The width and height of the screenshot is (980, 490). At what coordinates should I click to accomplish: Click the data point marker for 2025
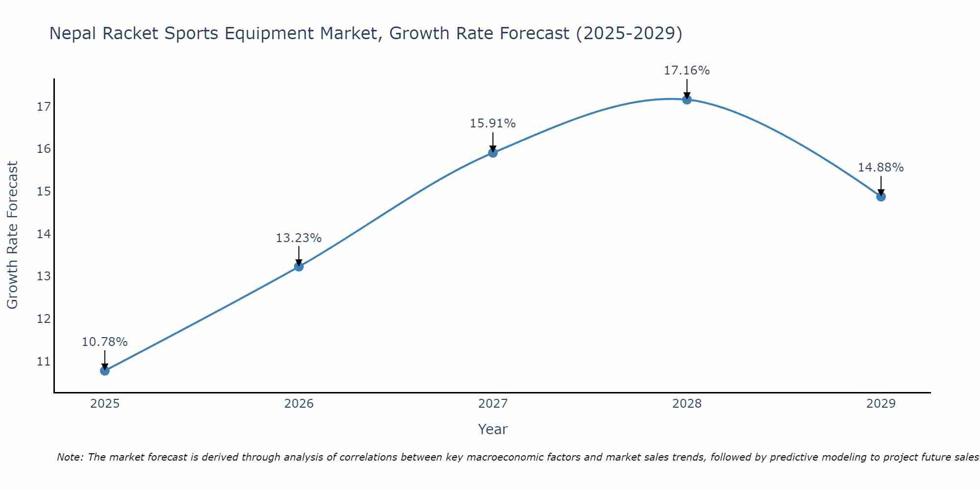105,371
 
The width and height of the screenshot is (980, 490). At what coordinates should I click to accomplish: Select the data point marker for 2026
299,267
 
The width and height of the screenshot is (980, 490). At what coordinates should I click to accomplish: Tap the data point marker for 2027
493,153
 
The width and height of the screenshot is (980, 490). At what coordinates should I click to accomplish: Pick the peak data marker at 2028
687,100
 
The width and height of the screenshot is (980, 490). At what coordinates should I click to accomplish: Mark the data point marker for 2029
881,197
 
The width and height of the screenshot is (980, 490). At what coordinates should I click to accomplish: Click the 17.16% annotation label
686,71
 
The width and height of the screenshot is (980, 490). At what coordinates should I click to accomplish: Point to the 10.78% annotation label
104,342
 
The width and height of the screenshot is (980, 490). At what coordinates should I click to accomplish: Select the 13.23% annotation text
298,238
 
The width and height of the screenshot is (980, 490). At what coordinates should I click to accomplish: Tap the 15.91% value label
492,123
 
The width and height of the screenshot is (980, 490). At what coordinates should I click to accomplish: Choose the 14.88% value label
881,168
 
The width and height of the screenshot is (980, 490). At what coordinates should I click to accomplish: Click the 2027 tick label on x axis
493,404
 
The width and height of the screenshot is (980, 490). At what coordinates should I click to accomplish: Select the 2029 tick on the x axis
881,404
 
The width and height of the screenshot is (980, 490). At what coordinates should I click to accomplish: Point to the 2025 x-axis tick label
105,404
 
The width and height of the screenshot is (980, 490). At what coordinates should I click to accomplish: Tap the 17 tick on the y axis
44,106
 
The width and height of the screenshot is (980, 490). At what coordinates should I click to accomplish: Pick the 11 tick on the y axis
44,362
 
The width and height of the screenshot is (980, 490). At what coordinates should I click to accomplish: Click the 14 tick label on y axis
44,234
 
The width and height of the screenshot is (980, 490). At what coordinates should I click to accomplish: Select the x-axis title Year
493,429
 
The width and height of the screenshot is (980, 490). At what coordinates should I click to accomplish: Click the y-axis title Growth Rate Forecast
12,235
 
